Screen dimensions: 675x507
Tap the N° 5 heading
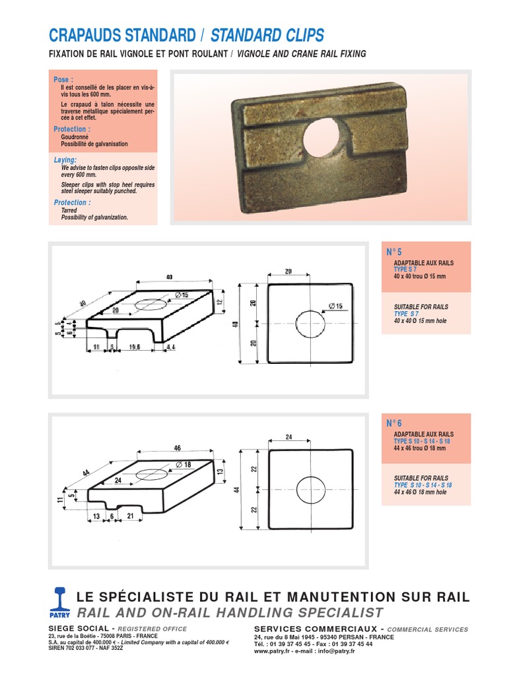click(394, 252)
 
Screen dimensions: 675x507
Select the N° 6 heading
click(394, 423)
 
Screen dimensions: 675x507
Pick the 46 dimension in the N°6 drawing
click(177, 448)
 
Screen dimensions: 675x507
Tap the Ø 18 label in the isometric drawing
click(184, 465)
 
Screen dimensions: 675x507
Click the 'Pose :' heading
click(63, 79)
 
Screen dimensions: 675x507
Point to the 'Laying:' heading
click(65, 160)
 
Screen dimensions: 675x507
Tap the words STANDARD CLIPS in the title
click(267, 35)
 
